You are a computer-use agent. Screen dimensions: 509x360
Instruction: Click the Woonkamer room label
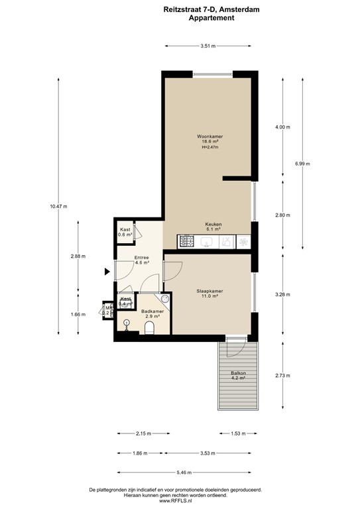tap(210, 136)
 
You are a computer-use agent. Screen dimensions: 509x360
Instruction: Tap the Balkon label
tap(238, 374)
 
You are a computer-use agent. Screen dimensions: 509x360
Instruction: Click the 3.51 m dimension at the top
tap(210, 46)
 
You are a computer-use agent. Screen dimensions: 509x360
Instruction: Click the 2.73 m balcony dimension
tap(283, 376)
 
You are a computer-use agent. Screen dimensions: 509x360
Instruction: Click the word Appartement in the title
tap(211, 19)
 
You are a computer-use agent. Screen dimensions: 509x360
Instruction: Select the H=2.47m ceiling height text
tap(210, 147)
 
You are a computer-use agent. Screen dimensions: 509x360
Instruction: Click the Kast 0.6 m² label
tap(125, 232)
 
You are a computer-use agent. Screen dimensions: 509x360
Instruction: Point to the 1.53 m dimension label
tap(237, 434)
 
